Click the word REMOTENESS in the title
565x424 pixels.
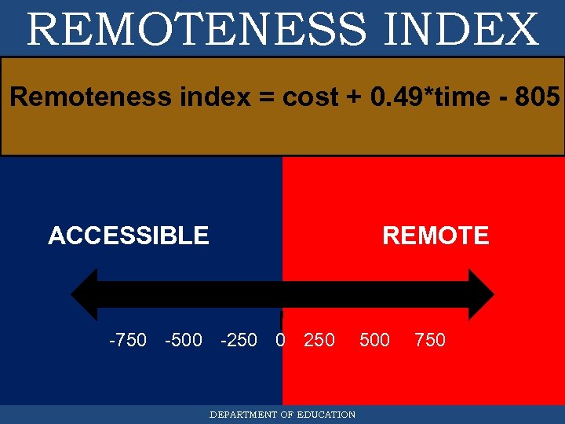pos(196,29)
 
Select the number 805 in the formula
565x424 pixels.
pos(538,97)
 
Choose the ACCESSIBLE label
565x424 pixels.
pos(129,236)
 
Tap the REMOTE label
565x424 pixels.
pos(436,236)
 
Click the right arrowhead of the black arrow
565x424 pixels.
pos(480,294)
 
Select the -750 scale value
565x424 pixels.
pos(127,340)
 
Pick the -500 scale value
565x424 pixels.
pos(184,340)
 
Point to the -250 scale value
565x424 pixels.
pos(239,340)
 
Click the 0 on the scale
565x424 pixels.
pos(280,340)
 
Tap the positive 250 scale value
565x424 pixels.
pos(319,340)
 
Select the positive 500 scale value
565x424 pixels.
pos(374,340)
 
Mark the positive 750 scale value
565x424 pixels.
pos(430,340)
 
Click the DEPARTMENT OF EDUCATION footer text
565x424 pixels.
pos(282,415)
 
